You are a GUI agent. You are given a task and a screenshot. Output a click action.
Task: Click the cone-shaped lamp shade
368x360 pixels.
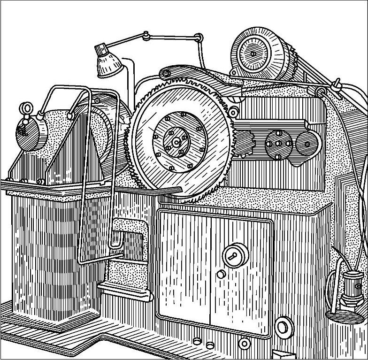107,64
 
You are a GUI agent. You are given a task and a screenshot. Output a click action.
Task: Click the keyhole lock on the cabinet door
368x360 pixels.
233,255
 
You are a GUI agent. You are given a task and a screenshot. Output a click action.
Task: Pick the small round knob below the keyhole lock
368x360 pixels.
221,275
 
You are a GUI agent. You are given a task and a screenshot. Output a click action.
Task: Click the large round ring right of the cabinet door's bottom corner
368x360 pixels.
283,326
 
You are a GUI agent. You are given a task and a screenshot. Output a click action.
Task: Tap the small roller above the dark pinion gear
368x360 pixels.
233,112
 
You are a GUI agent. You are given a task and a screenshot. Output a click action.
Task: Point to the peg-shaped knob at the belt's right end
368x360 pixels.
336,84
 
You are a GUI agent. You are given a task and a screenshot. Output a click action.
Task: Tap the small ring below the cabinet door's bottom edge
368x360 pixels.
245,345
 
